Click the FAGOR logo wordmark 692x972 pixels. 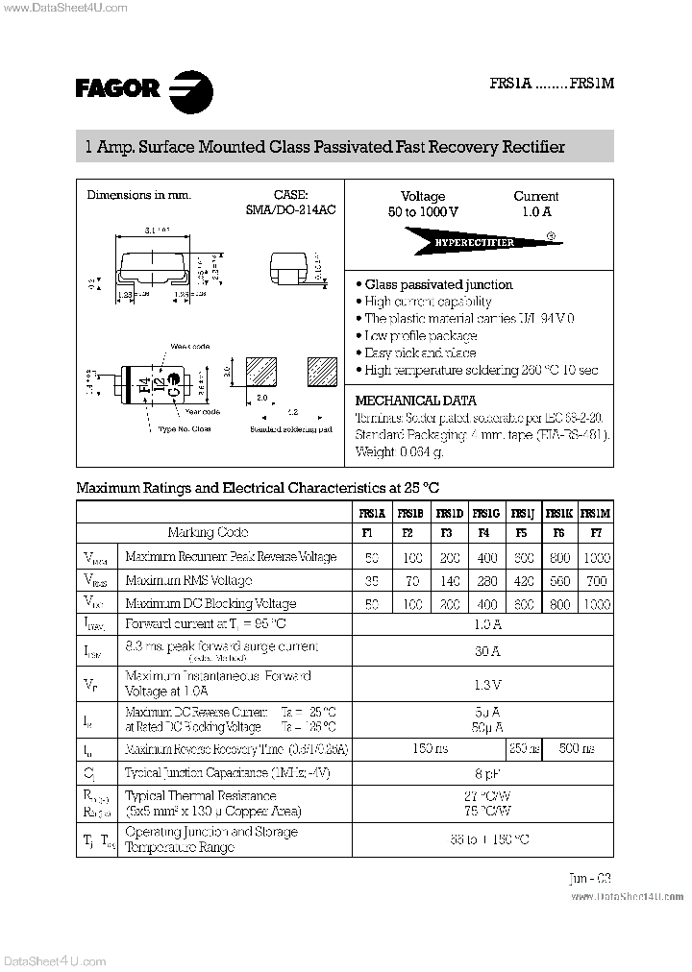pyautogui.click(x=117, y=88)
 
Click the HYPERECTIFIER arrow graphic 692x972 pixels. pyautogui.click(x=475, y=242)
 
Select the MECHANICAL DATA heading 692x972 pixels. pyautogui.click(x=415, y=400)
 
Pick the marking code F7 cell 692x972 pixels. pyautogui.click(x=596, y=532)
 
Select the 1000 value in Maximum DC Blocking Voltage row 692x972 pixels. pyautogui.click(x=596, y=604)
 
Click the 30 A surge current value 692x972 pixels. pyautogui.click(x=487, y=651)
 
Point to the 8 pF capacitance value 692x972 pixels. pyautogui.click(x=487, y=772)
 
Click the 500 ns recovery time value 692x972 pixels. pyautogui.click(x=576, y=748)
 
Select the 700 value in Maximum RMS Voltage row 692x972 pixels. pyautogui.click(x=596, y=580)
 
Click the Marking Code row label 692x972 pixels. pyautogui.click(x=208, y=532)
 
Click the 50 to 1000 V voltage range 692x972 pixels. pyautogui.click(x=423, y=211)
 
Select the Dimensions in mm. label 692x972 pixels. pyautogui.click(x=139, y=195)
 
